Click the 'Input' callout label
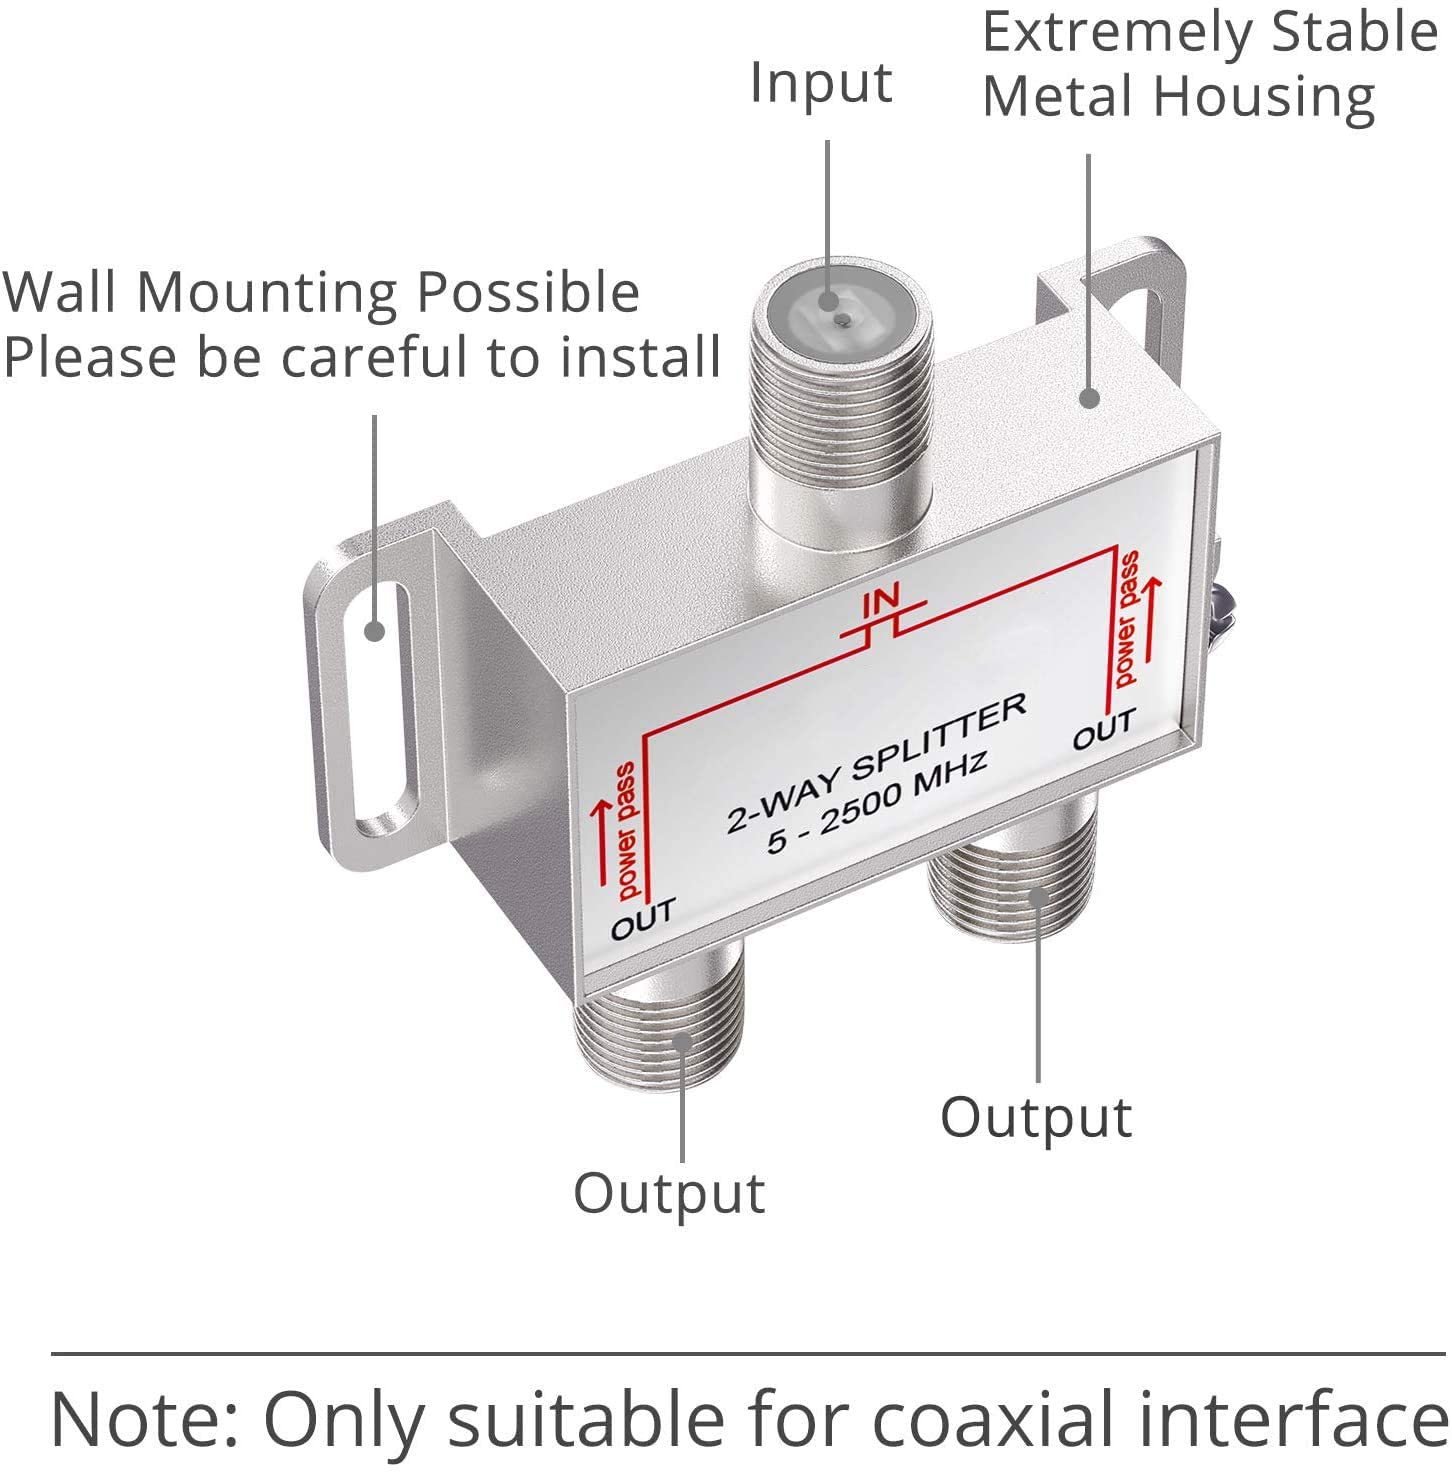[821, 84]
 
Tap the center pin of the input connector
[843, 319]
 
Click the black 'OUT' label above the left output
[643, 918]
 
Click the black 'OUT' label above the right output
[1104, 729]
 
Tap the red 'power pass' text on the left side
[625, 829]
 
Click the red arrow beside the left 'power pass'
[602, 840]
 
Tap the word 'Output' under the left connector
[669, 1193]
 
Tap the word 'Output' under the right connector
[1036, 1117]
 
